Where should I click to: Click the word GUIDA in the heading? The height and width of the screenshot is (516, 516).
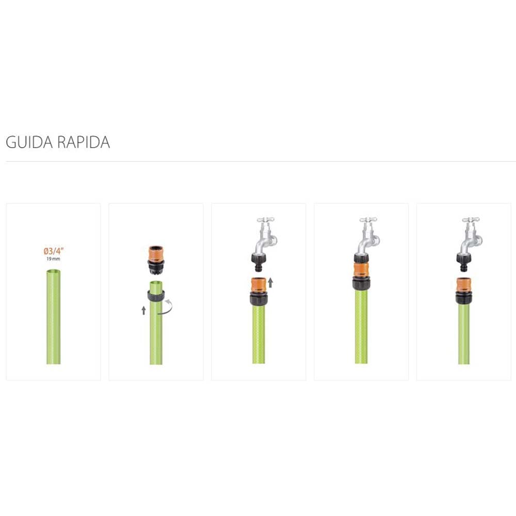pos(29,142)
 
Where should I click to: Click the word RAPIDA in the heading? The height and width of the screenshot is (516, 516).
pos(84,142)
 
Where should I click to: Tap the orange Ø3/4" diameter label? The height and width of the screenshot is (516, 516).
pos(53,251)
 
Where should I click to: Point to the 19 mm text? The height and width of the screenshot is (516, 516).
pos(53,259)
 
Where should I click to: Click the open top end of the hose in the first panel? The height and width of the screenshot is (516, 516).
pos(53,272)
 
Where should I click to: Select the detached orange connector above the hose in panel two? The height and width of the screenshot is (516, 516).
pos(156,260)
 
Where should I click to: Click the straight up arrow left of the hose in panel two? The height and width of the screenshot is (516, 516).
pos(143,310)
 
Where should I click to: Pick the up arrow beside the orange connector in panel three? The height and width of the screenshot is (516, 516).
pos(270,283)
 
